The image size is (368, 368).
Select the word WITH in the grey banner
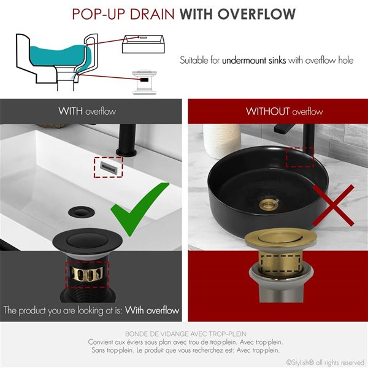(71, 111)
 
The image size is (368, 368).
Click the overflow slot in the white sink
(108, 166)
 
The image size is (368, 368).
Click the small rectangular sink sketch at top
(145, 44)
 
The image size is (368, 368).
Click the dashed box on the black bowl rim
(299, 157)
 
